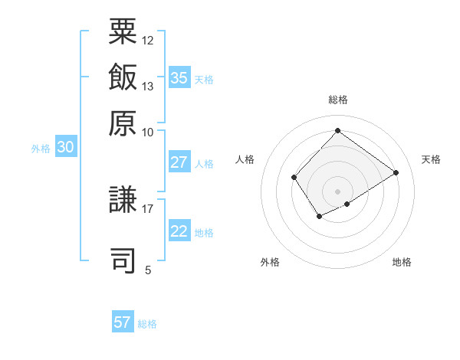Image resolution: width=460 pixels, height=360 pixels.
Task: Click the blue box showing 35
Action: [x=179, y=77]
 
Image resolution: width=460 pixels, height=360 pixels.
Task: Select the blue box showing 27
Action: [x=179, y=162]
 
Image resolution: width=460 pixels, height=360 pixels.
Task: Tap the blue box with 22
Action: [x=179, y=231]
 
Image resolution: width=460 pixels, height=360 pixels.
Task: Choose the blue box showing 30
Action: [x=65, y=148]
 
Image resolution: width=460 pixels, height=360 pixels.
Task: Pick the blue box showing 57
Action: [x=123, y=322]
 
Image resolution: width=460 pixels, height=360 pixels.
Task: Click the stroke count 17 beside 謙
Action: [x=148, y=208]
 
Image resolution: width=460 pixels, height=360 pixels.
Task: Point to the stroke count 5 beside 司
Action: [x=148, y=270]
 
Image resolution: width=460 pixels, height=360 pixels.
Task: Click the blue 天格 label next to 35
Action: [x=204, y=79]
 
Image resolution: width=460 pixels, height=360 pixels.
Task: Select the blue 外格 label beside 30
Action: [x=41, y=149]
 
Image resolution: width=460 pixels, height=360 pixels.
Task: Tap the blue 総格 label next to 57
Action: [x=147, y=324]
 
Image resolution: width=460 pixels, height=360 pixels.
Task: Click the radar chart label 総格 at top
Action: [x=337, y=100]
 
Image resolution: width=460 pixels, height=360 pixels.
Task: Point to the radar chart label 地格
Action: [x=402, y=262]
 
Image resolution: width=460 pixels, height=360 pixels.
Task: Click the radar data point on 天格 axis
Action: [x=396, y=172]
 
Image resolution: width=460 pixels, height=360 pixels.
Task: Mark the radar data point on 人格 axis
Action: [x=294, y=178]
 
